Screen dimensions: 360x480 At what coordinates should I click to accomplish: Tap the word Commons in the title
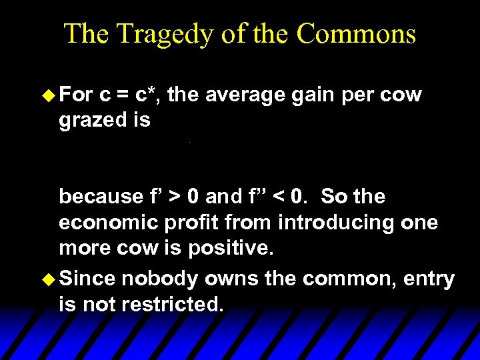pyautogui.click(x=357, y=33)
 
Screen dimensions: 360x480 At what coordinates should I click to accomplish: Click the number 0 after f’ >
pyautogui.click(x=192, y=197)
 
